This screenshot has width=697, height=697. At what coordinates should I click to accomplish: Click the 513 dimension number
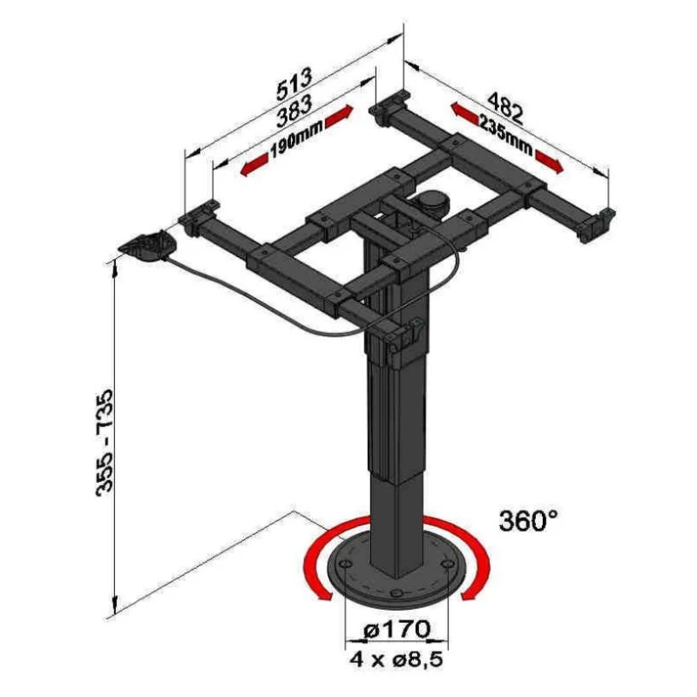point(294,84)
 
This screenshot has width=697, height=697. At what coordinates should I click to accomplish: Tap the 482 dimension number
point(506,108)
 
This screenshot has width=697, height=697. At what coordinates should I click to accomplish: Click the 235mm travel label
point(505,135)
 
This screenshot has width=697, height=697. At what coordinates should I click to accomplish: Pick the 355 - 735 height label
point(105,442)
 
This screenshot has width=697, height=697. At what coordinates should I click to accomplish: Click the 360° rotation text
point(528,520)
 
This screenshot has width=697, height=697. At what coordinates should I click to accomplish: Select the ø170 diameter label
point(396,628)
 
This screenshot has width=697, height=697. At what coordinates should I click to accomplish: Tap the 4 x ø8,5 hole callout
point(396,659)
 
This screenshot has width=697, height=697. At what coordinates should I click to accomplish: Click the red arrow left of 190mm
point(254,165)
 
